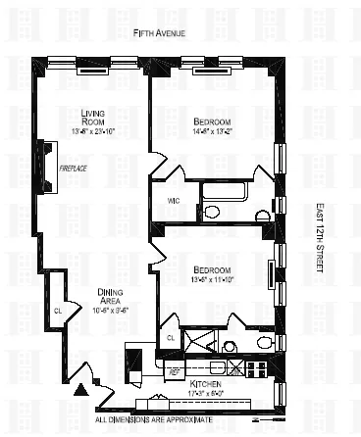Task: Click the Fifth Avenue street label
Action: (167, 33)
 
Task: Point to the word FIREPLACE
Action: (76, 168)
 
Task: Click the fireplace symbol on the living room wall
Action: (44, 161)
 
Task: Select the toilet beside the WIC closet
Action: (210, 211)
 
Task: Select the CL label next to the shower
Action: (170, 337)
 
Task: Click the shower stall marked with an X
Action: (199, 343)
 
